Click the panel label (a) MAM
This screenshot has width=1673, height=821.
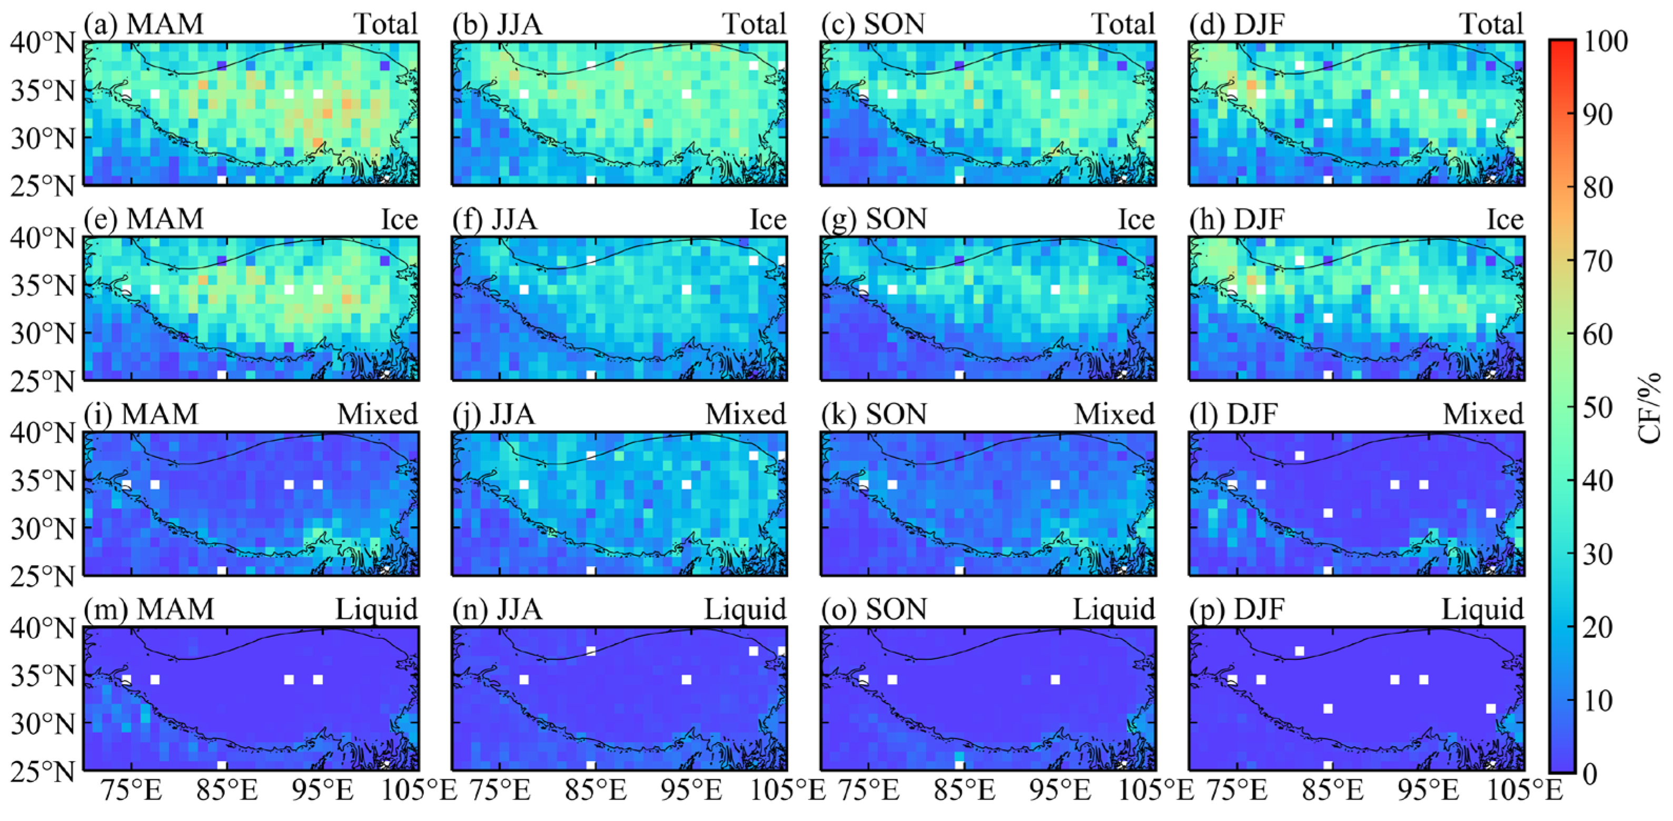click(x=144, y=24)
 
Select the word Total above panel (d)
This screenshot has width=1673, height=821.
click(x=1491, y=24)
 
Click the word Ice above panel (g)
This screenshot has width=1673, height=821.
click(x=1135, y=219)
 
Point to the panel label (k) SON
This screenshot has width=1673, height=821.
click(x=874, y=414)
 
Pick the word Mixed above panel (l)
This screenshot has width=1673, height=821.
click(x=1483, y=414)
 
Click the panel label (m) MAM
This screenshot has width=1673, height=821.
click(x=149, y=609)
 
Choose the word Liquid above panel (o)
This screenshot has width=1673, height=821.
click(x=1113, y=609)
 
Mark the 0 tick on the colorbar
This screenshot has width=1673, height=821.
click(x=1590, y=773)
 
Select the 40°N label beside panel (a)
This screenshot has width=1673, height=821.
click(x=43, y=43)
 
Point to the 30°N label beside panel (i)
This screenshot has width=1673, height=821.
click(x=43, y=529)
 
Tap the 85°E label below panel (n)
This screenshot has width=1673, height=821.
click(x=596, y=790)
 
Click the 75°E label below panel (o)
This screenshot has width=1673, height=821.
click(x=868, y=790)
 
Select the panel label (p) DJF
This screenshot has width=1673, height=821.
click(x=1236, y=609)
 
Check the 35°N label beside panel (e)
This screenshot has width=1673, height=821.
click(x=43, y=286)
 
